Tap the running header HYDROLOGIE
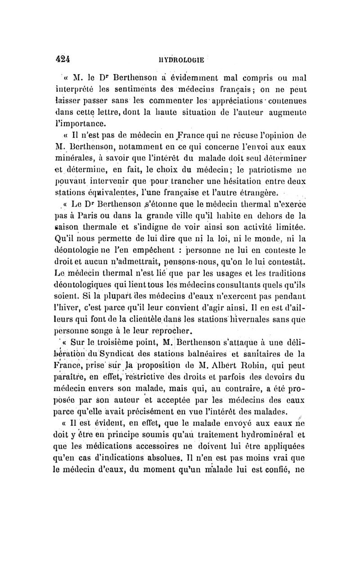(185, 59)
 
